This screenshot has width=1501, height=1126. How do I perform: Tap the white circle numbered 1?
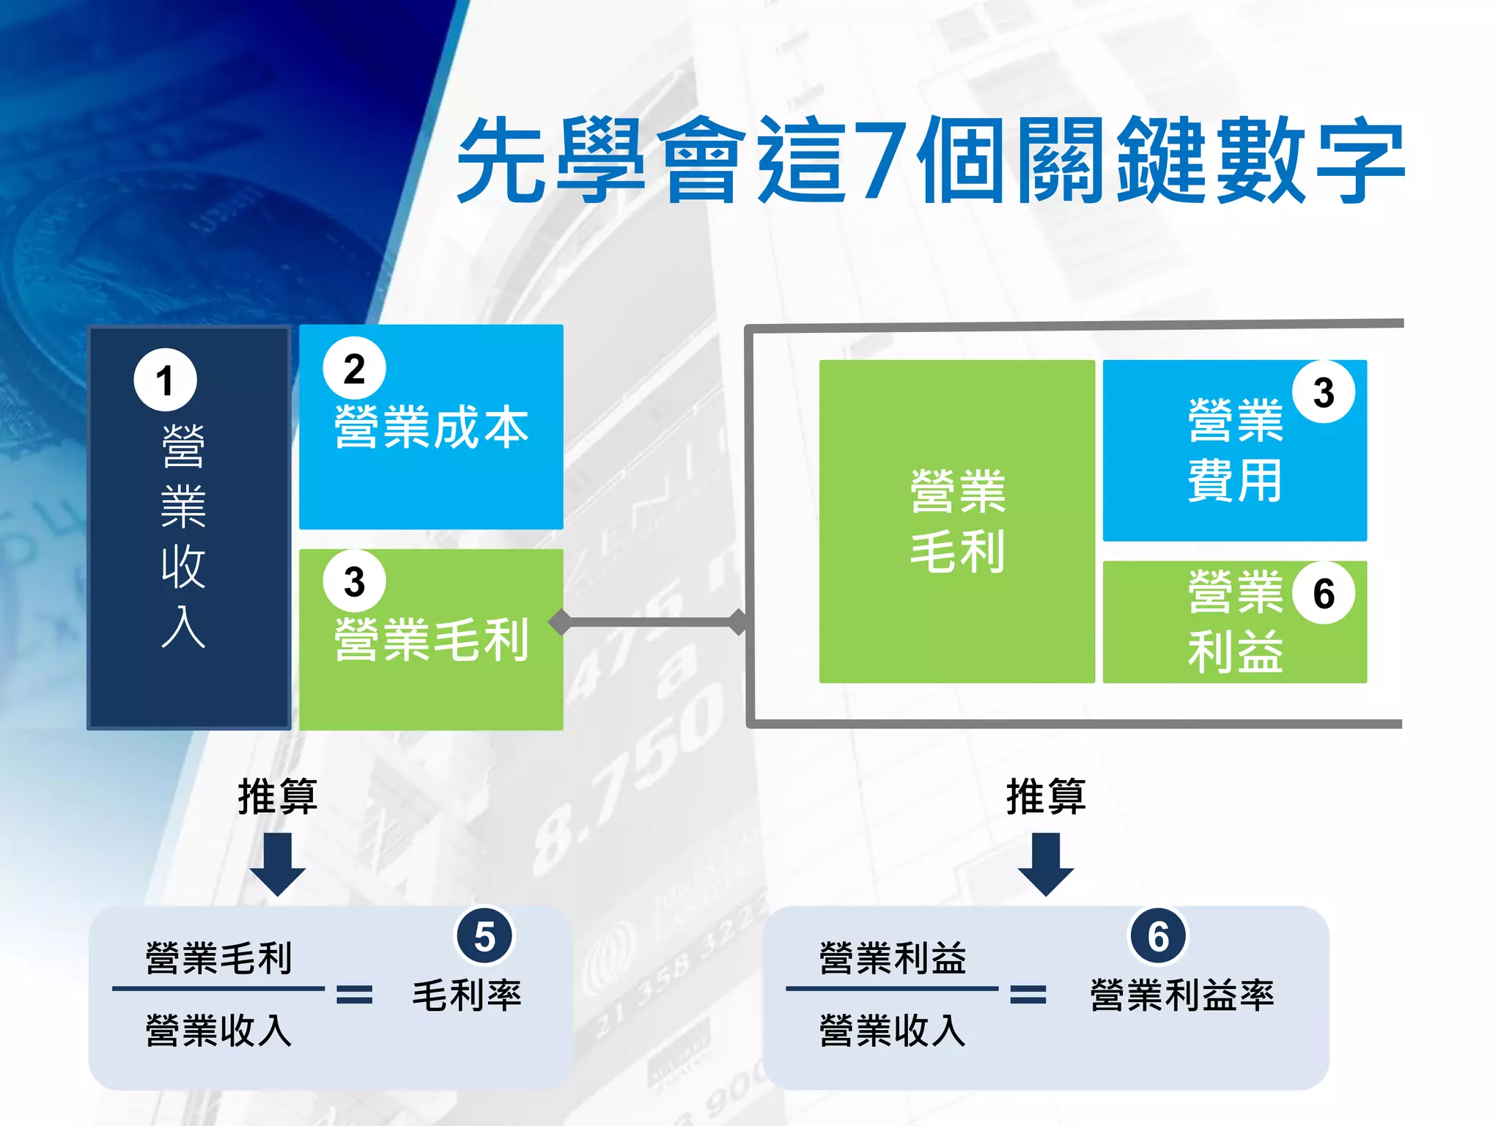coord(166,380)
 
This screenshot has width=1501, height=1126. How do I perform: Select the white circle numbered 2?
coord(355,369)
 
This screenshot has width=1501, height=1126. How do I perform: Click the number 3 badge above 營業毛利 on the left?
coord(355,581)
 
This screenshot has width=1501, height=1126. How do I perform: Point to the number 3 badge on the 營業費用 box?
coord(1324,392)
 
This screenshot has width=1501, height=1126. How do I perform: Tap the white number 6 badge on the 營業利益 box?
coord(1324,593)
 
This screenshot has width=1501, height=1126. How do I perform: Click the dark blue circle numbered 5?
coord(484,936)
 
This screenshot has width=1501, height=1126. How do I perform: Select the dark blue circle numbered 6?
coord(1158,936)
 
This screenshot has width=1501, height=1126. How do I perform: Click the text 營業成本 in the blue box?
coord(431,427)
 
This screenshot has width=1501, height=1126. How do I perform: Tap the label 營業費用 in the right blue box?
coord(1236,451)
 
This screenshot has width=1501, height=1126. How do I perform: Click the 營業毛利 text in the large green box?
coord(957,521)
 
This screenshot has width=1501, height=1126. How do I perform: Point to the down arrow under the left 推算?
coord(278,865)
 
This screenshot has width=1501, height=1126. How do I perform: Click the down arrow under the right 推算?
coord(1046,865)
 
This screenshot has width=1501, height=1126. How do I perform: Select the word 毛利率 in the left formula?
coord(467,996)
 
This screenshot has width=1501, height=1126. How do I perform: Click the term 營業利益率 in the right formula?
coord(1182,996)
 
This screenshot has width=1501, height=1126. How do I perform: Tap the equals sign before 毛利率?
coord(355,995)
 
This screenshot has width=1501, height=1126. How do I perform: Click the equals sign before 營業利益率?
coord(1028,995)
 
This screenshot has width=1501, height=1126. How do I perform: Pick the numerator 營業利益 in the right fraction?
coord(893,958)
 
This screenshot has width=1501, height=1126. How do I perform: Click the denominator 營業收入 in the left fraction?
coord(218,1030)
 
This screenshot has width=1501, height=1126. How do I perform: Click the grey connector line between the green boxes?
coord(651,622)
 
